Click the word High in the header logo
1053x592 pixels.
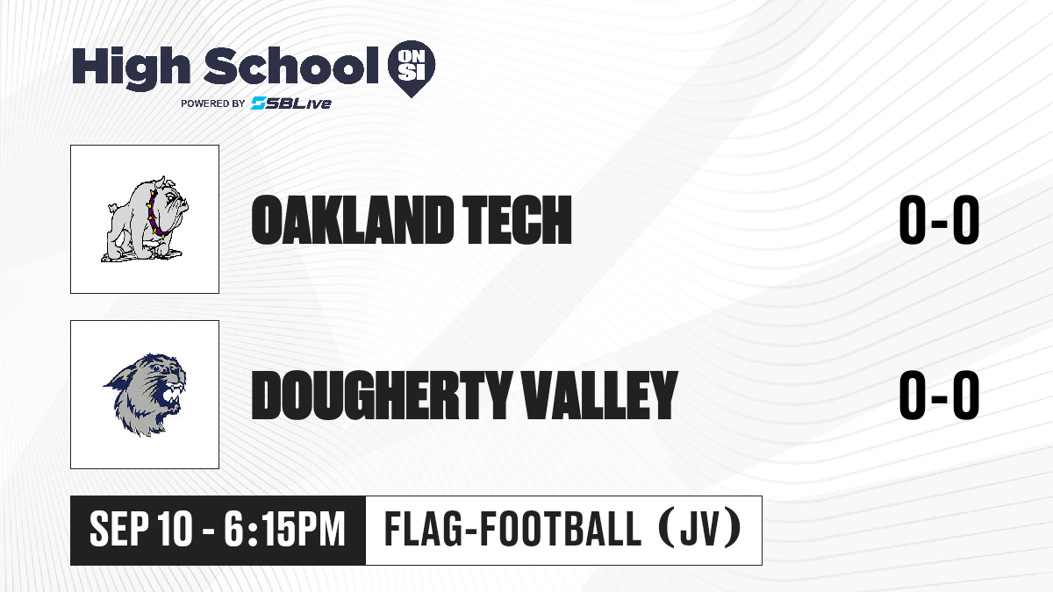[131, 68]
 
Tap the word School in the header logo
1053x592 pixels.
[291, 66]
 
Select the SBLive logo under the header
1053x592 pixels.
[291, 103]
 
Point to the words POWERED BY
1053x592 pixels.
[213, 103]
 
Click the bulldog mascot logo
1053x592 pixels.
[145, 219]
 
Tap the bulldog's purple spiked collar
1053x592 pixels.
[155, 215]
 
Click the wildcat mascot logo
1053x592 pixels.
[145, 395]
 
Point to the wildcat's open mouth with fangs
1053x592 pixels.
[172, 396]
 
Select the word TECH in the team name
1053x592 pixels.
[517, 220]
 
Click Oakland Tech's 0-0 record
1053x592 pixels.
[939, 220]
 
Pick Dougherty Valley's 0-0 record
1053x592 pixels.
[939, 396]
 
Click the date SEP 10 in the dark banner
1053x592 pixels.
[141, 529]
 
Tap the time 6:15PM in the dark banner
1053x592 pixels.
[284, 529]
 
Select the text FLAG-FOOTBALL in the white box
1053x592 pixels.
[513, 529]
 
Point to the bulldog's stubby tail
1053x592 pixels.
[112, 207]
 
